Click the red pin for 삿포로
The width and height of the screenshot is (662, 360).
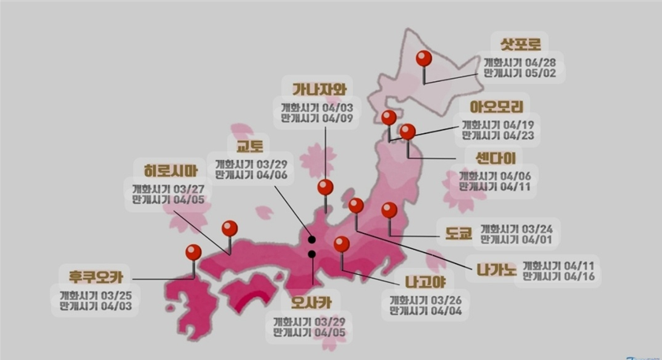coord(424,59)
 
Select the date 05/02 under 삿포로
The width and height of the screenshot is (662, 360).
coord(543,72)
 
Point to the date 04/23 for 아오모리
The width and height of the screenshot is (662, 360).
coord(519,135)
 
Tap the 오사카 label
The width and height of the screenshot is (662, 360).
coord(310,300)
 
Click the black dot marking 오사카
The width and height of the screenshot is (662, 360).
coord(312,254)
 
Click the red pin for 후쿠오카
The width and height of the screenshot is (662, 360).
coord(193,254)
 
